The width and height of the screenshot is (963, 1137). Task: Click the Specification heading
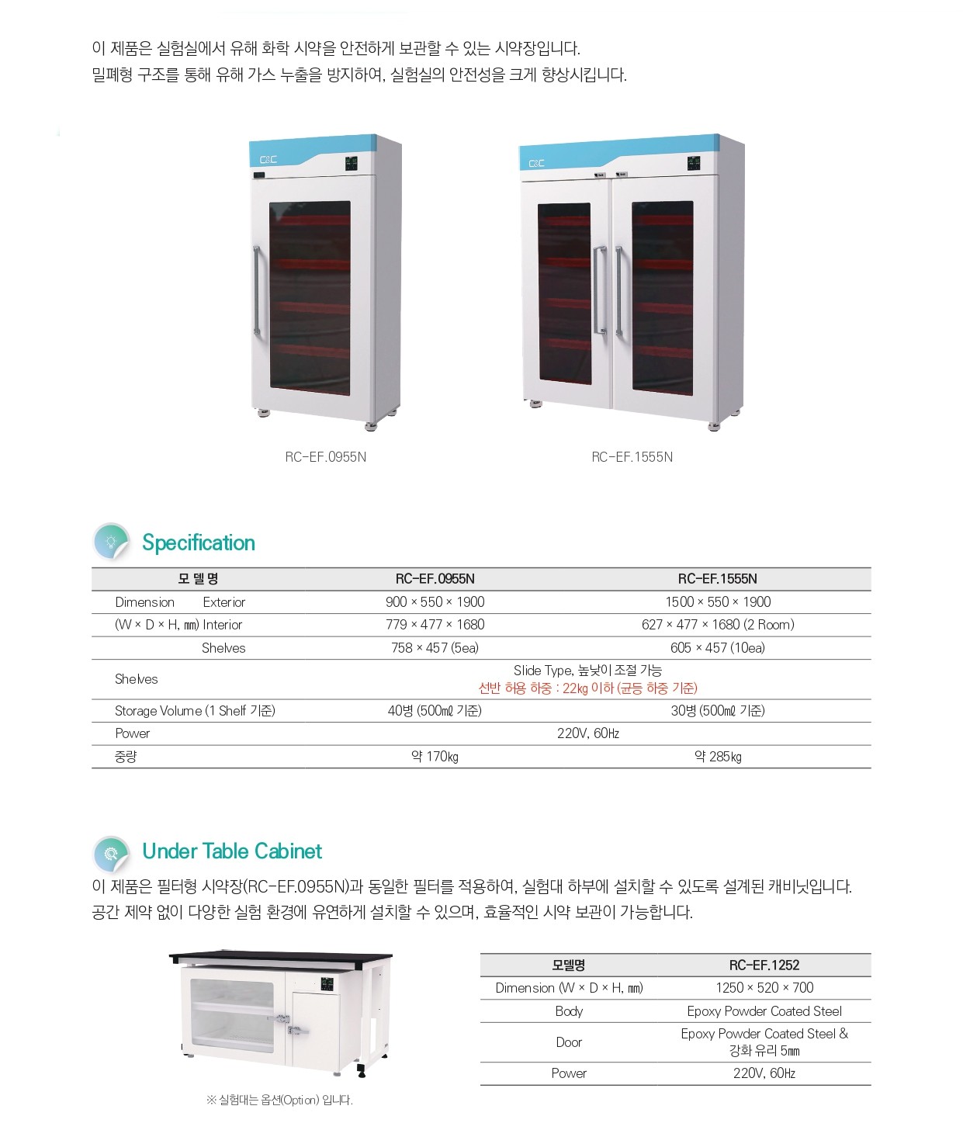[199, 543]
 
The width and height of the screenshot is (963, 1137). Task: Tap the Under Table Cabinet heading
[232, 851]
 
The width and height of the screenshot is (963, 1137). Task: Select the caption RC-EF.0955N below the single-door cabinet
[326, 457]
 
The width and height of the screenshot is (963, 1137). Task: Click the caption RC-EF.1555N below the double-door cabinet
[632, 457]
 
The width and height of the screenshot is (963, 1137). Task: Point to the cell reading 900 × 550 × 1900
[435, 601]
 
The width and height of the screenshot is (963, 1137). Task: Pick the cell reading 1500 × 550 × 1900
[718, 601]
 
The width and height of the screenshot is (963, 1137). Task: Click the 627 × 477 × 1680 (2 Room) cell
[718, 625]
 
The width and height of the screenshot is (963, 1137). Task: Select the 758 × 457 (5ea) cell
[435, 648]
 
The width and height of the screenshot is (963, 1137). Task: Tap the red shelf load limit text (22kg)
[588, 688]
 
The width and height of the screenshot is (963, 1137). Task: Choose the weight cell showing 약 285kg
[718, 757]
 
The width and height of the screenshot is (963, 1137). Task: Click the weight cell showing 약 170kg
[435, 757]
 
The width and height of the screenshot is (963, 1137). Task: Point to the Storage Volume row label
[195, 711]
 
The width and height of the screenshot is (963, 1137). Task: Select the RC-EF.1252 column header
[764, 965]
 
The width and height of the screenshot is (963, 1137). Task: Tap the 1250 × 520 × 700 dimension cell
[764, 988]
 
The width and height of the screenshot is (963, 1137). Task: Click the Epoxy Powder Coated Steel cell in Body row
[764, 1011]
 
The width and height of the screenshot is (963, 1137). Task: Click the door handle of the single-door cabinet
[256, 290]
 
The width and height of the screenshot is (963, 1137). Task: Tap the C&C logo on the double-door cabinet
[536, 164]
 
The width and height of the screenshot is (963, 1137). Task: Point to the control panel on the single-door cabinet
[351, 164]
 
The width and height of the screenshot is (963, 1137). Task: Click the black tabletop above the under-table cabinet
[280, 958]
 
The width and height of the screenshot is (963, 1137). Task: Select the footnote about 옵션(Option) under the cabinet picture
[279, 1101]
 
